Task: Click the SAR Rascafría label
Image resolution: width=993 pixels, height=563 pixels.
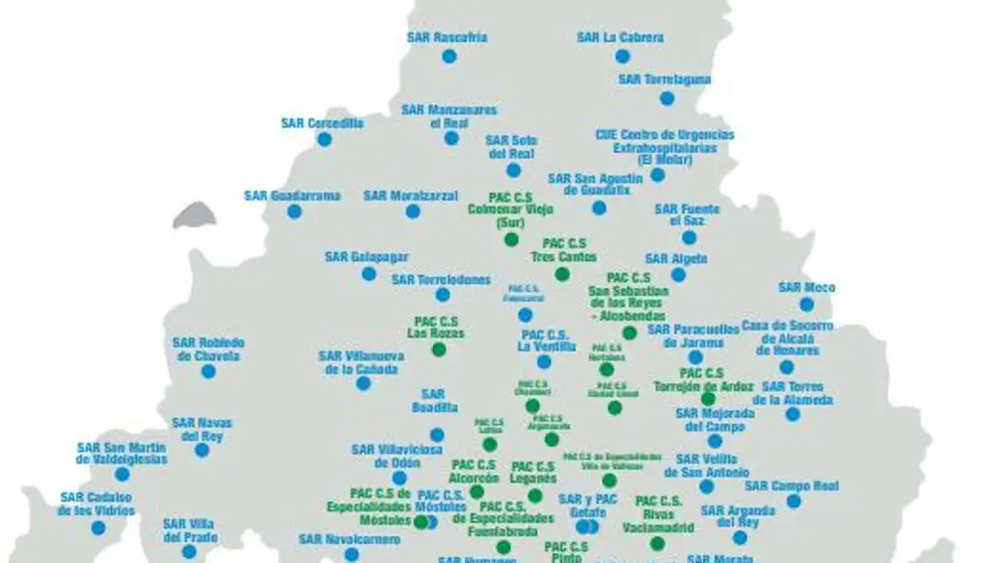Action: tap(447, 38)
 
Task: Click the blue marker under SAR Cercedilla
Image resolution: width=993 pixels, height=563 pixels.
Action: tap(324, 140)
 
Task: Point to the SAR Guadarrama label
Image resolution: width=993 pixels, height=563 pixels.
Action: tap(292, 196)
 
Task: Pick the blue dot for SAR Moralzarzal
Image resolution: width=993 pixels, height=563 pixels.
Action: tap(412, 211)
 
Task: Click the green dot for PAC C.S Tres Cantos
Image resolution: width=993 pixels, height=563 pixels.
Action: tap(562, 274)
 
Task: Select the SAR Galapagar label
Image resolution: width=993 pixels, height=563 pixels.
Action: tap(365, 257)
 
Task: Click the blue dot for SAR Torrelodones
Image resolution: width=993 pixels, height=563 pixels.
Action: tap(443, 295)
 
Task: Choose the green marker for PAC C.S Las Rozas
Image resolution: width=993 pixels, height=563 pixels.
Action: tap(439, 350)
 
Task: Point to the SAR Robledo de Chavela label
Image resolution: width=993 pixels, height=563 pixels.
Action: tap(209, 349)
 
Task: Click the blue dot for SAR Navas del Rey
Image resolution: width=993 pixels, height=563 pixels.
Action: tap(202, 450)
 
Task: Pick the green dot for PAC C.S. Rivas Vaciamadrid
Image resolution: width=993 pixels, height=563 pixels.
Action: tap(656, 543)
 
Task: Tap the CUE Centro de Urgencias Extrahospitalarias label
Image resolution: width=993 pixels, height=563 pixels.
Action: tap(664, 147)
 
